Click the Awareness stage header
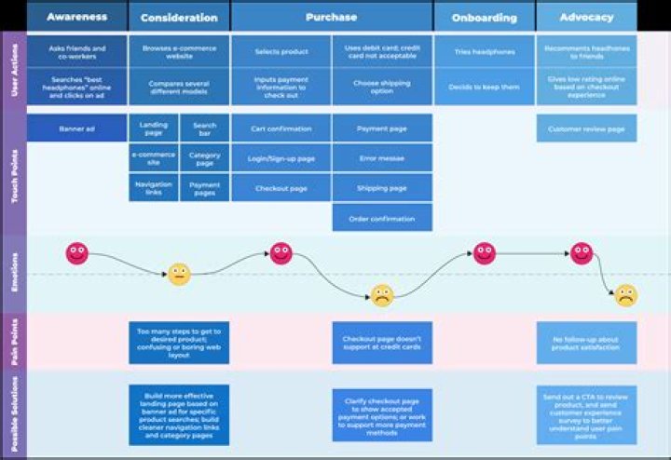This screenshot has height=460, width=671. (76, 17)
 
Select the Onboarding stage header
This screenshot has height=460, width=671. (484, 17)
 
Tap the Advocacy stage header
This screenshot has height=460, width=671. (586, 17)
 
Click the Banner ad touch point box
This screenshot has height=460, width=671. (76, 128)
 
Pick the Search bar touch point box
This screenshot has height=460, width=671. (204, 128)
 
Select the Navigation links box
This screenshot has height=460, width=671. (153, 188)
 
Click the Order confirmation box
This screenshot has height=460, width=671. (382, 218)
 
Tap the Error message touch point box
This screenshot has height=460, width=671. (382, 158)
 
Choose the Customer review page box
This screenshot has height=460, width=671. (586, 129)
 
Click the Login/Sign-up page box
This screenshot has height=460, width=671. (281, 158)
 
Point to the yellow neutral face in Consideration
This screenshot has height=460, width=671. (179, 274)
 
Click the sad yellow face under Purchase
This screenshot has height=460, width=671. (382, 295)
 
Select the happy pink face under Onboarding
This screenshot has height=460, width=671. (484, 252)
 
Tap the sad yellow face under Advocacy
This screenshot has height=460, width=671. (625, 296)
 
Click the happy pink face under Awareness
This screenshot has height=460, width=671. (76, 252)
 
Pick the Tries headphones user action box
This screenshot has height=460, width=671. (484, 53)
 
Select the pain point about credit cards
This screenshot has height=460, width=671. (382, 343)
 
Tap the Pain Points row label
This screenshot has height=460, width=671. (14, 341)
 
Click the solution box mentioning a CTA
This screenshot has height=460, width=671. (586, 414)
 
